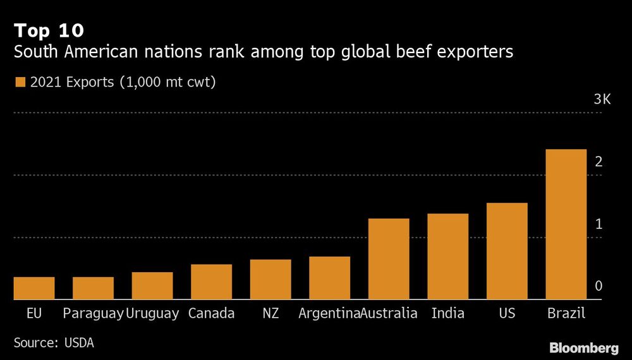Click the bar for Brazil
point(566,224)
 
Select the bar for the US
point(507,251)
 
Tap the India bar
point(447,256)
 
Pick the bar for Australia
point(389,259)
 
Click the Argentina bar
point(329,278)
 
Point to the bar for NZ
point(270,279)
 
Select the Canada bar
point(211,282)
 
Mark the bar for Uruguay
point(152,285)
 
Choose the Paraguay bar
point(93,288)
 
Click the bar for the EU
point(34,288)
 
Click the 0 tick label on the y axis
point(599,286)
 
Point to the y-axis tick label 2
point(599,162)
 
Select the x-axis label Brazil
point(566,313)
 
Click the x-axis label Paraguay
point(93,313)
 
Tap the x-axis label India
point(447,313)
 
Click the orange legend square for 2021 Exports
point(20,82)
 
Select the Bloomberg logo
point(583,347)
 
